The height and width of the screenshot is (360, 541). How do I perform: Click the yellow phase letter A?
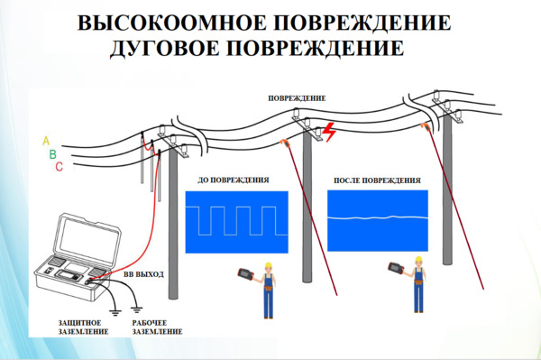pyautogui.click(x=46, y=141)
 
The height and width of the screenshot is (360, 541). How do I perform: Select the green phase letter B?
pyautogui.click(x=53, y=154)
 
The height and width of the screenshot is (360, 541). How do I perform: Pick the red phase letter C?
pyautogui.click(x=59, y=167)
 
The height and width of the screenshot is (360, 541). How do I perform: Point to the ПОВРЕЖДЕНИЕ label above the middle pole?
pyautogui.click(x=297, y=98)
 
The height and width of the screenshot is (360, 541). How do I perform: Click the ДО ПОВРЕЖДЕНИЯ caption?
pyautogui.click(x=234, y=180)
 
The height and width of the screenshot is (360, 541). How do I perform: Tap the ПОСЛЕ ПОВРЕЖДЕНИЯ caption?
pyautogui.click(x=377, y=180)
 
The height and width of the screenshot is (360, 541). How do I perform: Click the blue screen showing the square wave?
pyautogui.click(x=236, y=222)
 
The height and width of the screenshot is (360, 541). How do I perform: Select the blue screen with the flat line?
pyautogui.click(x=378, y=221)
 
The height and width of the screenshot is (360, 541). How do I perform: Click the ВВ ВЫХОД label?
pyautogui.click(x=143, y=274)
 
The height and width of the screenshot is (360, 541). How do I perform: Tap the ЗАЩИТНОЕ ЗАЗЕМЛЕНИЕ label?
pyautogui.click(x=83, y=328)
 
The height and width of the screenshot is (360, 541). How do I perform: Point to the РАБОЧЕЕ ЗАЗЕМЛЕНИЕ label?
pyautogui.click(x=157, y=328)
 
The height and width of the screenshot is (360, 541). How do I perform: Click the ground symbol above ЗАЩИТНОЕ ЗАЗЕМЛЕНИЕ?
pyautogui.click(x=115, y=313)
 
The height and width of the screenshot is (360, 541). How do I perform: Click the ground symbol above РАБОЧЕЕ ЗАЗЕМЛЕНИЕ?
pyautogui.click(x=137, y=309)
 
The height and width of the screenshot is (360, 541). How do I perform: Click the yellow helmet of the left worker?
pyautogui.click(x=268, y=265)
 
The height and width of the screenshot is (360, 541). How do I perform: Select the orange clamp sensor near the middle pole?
pyautogui.click(x=285, y=143)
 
